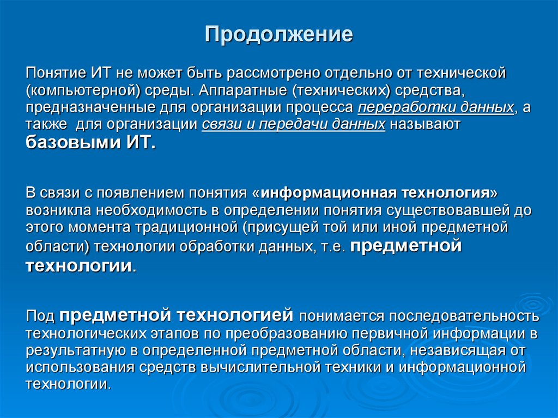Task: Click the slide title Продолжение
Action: click(279, 35)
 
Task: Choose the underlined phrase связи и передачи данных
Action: click(294, 125)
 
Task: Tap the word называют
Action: click(426, 125)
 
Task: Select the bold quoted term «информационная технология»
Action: click(375, 193)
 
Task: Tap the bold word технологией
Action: click(234, 315)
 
